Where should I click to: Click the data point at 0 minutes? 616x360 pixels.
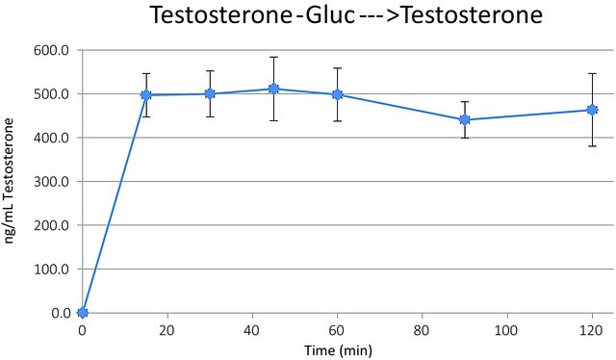coord(83,313)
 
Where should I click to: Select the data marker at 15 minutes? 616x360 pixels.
coord(146,95)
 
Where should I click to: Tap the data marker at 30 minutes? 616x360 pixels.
coord(210,94)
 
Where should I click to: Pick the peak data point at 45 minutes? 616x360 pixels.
coord(273,89)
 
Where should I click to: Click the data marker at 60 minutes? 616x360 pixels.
coord(338,94)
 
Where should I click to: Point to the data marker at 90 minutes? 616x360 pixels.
coord(465,120)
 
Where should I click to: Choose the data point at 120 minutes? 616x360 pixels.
coord(592,110)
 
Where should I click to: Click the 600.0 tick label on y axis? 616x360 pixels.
coord(51,51)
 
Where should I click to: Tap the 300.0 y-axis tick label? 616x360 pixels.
coord(51,182)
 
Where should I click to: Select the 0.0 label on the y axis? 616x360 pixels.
coord(61,313)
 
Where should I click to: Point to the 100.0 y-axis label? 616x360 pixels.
coord(51,270)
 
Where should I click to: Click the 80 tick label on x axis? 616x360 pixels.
coord(423,331)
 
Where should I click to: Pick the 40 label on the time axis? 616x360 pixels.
coord(252,331)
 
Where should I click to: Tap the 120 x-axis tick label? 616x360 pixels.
coord(592,331)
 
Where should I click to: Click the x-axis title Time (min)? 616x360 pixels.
coord(338,350)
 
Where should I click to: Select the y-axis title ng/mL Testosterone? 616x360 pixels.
coord(9,181)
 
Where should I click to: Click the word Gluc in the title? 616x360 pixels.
coord(330,15)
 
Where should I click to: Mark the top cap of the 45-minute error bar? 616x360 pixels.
coord(273,57)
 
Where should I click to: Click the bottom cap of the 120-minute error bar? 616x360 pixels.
coord(592,146)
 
